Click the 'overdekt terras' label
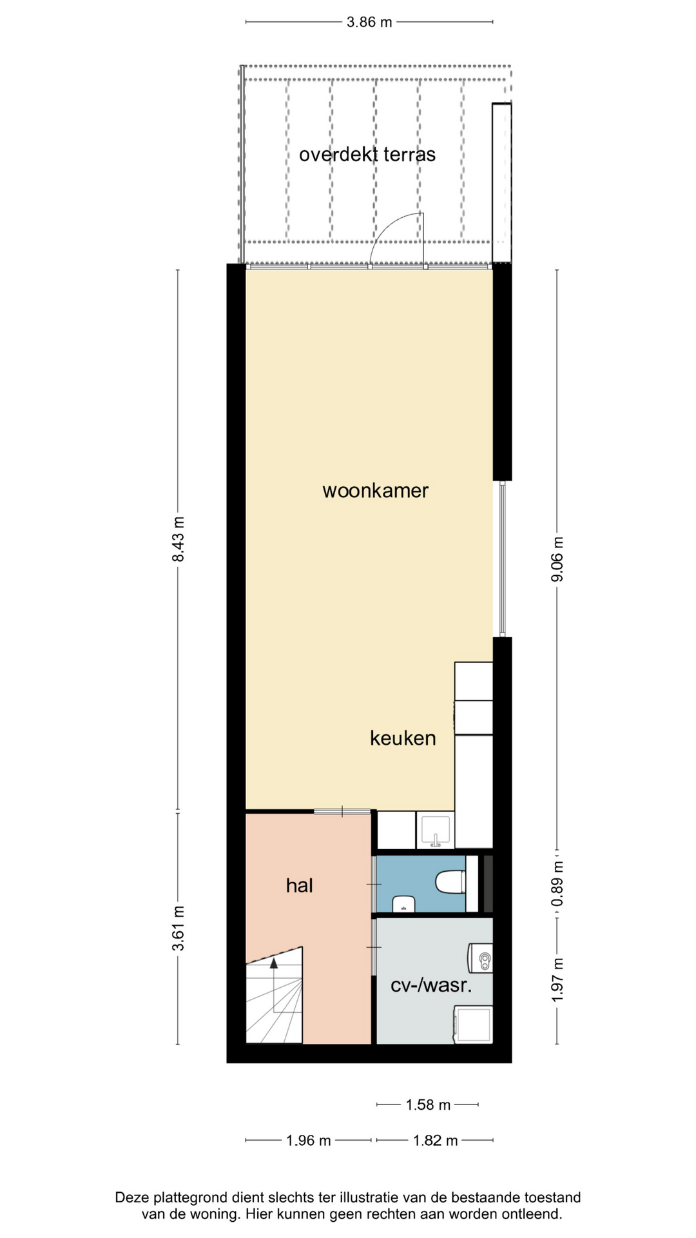pos(367,155)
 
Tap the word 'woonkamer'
pos(375,491)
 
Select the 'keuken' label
pos(403,738)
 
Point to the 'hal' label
pos(300,885)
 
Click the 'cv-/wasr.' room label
pos(432,985)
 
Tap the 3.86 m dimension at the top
pos(369,22)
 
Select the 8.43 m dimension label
pos(178,539)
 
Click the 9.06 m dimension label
pos(557,559)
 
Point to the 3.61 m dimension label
pos(178,928)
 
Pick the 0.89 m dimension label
pos(557,883)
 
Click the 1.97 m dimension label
pos(557,980)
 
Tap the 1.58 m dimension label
pos(428,1105)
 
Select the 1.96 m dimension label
pos(309,1141)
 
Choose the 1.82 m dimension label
pos(436,1141)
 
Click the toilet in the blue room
pos(451,882)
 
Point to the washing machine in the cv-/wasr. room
pos(474,1025)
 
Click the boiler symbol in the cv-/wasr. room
pos(481,958)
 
